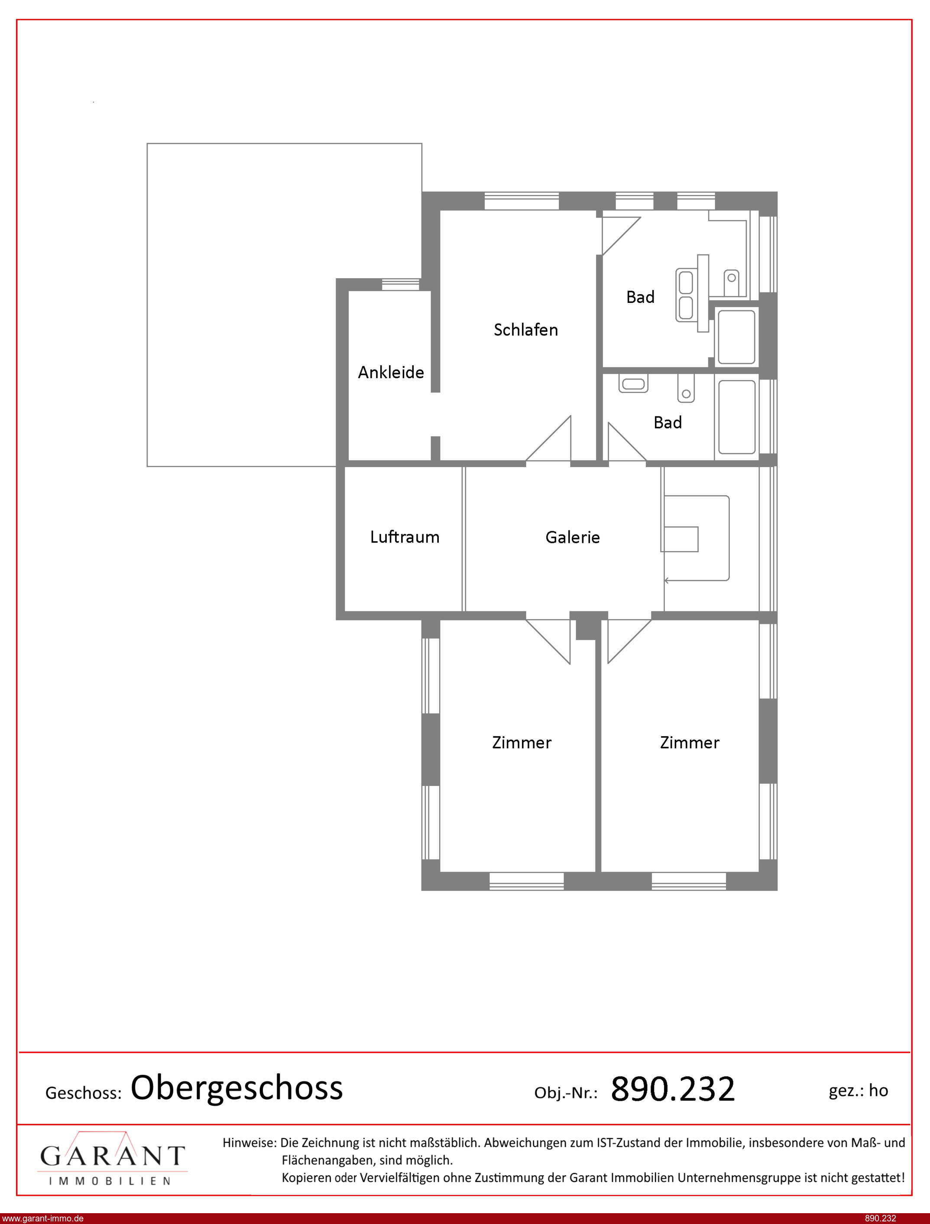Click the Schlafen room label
tap(525, 330)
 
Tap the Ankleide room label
tap(391, 372)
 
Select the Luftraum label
tap(405, 537)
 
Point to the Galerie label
tap(572, 537)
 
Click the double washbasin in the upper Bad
tap(686, 295)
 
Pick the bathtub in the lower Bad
tap(737, 417)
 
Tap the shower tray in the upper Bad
tap(736, 337)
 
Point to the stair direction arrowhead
tap(667, 580)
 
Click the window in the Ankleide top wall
tap(401, 285)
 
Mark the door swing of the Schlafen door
tap(548, 438)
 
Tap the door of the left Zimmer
tap(548, 641)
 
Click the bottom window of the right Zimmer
tap(688, 881)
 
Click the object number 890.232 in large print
tap(673, 1088)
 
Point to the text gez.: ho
tap(858, 1091)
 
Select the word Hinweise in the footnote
tap(249, 1143)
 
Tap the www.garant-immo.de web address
tap(42, 1218)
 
